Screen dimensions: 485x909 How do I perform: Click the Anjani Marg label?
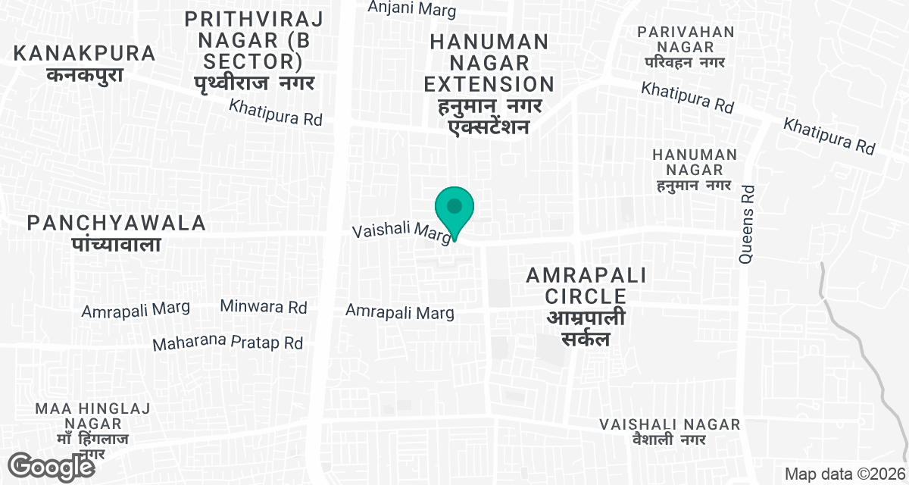[412, 9]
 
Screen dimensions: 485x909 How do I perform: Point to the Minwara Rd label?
[264, 307]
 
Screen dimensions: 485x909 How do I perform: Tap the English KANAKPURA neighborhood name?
[85, 54]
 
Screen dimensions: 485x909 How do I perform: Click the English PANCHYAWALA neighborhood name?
[117, 223]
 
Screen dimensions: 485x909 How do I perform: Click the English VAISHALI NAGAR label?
[670, 424]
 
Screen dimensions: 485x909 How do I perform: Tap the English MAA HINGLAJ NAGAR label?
[92, 416]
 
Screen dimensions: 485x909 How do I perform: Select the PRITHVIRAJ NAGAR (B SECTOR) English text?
[254, 38]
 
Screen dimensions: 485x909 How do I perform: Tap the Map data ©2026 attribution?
[844, 474]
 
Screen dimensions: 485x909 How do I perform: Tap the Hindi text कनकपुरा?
[84, 75]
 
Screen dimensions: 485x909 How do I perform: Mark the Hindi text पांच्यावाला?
[117, 244]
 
